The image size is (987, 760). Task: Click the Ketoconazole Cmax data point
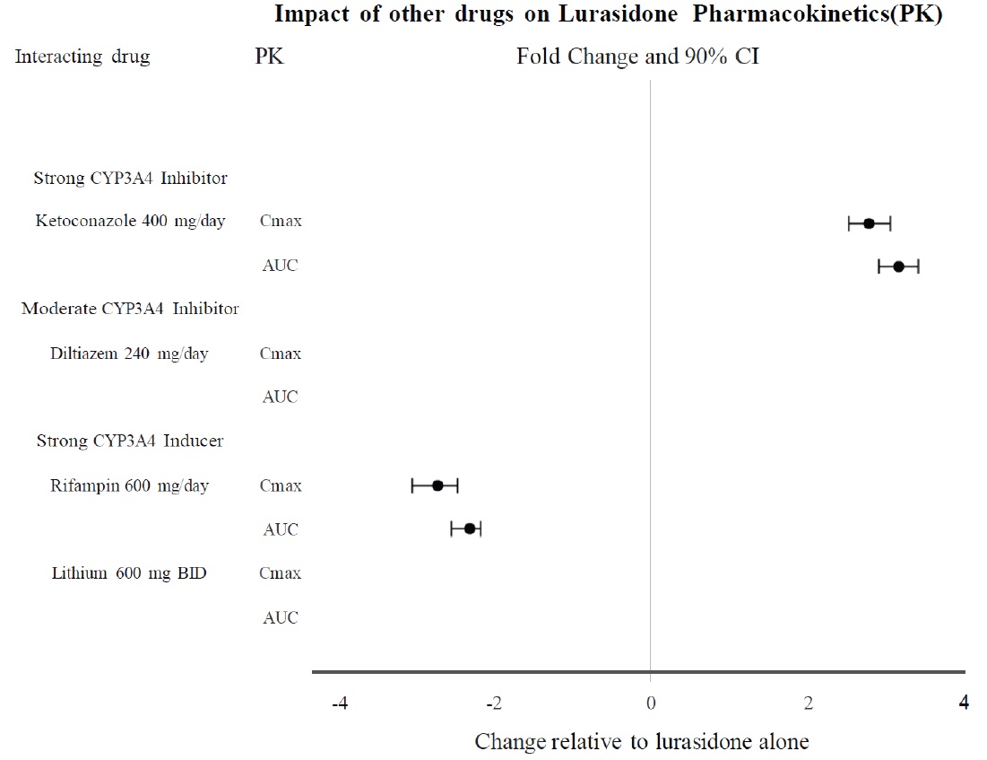[869, 223]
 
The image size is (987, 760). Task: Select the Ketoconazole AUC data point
[898, 266]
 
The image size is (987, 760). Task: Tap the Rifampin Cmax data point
[437, 485]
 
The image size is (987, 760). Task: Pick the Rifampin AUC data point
[469, 529]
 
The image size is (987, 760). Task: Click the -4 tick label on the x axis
[339, 703]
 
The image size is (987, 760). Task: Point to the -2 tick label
[494, 703]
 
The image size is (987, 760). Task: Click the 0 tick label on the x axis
[651, 703]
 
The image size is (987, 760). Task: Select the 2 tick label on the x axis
[809, 703]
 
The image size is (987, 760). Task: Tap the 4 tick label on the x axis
[964, 703]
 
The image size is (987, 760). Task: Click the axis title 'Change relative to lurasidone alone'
[642, 742]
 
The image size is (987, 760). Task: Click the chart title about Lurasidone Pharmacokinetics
[608, 15]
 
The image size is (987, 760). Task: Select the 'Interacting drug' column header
[82, 57]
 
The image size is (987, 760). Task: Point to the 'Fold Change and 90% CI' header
[638, 57]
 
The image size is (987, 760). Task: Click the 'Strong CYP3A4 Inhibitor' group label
[130, 178]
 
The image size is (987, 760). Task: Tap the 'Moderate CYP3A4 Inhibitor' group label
[130, 309]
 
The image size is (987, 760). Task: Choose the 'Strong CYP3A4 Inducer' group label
[130, 441]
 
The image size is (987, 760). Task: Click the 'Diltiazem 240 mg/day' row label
[129, 353]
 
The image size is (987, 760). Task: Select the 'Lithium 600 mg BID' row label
[129, 572]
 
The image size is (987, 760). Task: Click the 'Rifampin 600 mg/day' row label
[129, 485]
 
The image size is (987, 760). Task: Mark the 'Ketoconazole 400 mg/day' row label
[130, 221]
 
